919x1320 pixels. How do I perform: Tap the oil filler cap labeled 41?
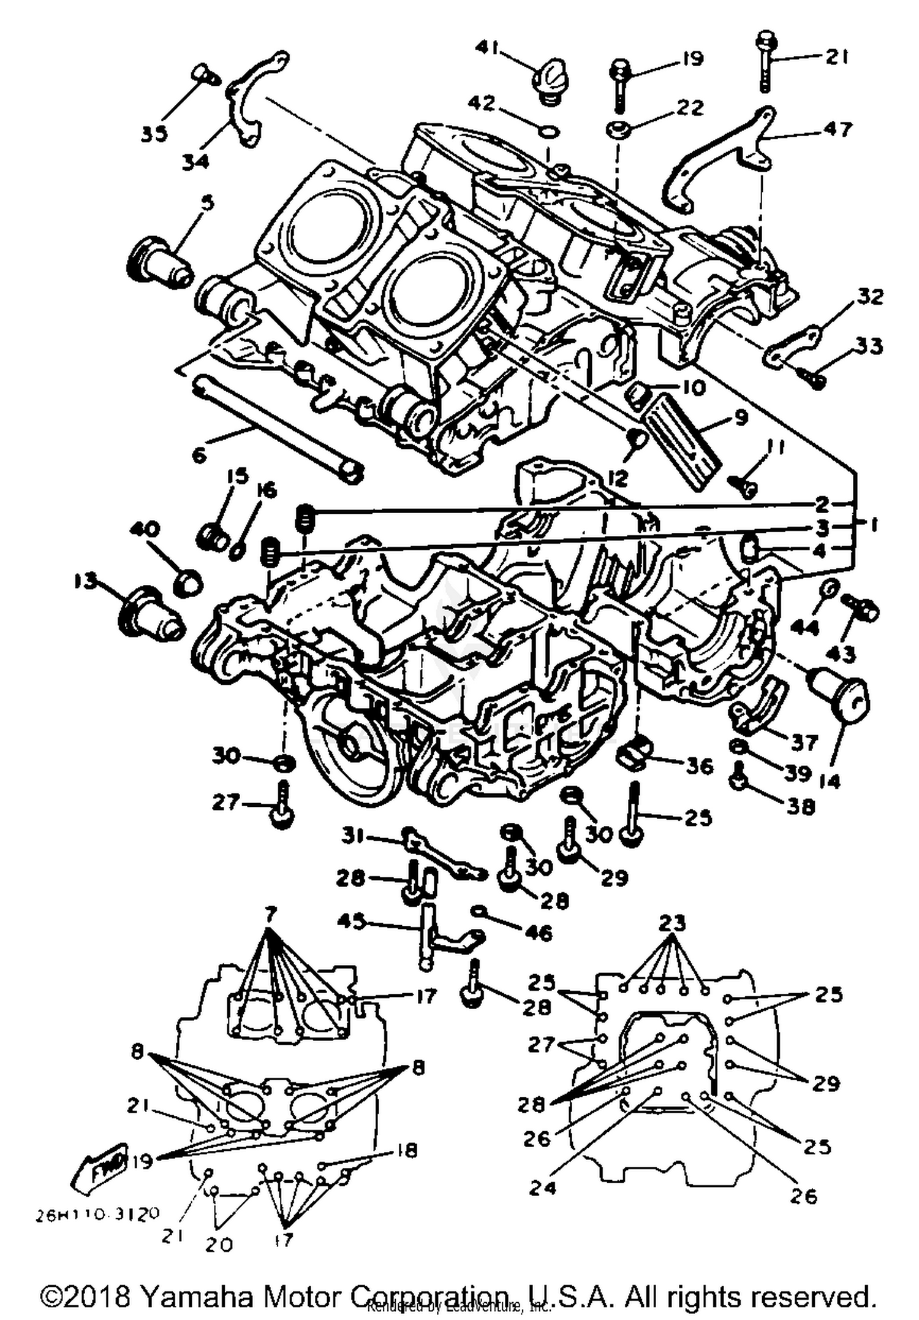[551, 77]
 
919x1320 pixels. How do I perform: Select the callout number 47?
[838, 129]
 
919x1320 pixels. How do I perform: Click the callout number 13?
[86, 581]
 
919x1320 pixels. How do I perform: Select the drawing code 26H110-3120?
[98, 1214]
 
